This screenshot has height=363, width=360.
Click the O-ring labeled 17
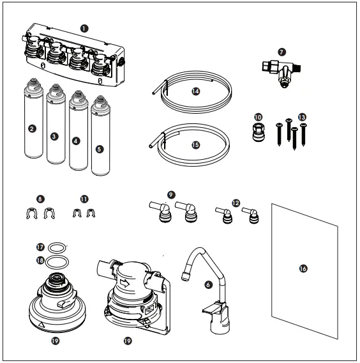(58, 245)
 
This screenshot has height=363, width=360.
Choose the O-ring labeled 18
(58, 260)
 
